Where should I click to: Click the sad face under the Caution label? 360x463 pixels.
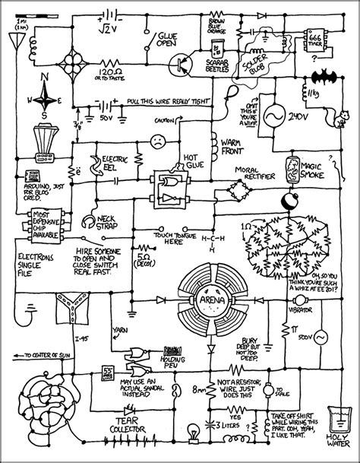[156, 141]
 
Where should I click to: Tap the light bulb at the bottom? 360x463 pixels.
[194, 433]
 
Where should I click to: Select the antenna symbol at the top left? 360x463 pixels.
[15, 37]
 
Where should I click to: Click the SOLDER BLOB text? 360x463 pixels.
[257, 62]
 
